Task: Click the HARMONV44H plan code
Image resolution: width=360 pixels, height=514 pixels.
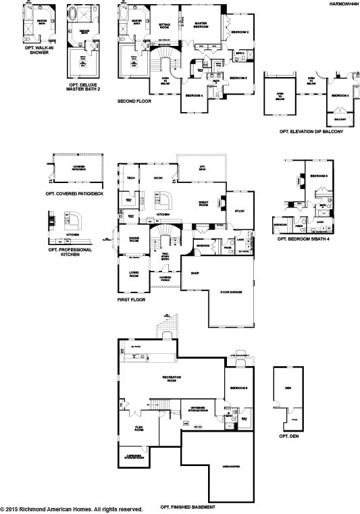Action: (341, 4)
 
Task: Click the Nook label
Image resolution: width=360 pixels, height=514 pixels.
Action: (159, 178)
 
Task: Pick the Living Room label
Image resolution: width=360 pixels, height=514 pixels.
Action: (134, 274)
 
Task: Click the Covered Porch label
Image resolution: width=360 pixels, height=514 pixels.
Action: (165, 278)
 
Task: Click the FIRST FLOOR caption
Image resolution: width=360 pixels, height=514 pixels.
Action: (131, 298)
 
